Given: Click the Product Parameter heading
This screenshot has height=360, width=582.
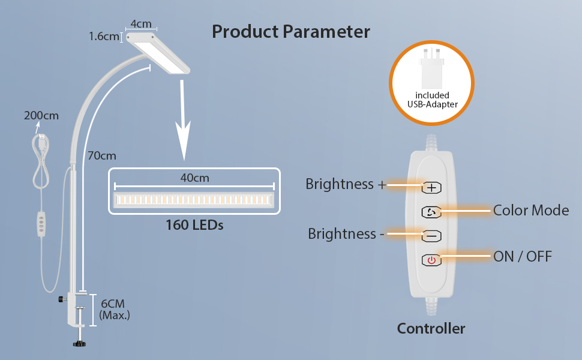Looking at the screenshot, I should pos(291,32).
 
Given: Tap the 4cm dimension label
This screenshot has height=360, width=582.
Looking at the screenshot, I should pos(141,24).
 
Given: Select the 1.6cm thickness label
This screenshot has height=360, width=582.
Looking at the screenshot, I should pos(104,37).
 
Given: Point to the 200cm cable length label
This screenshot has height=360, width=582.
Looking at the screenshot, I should pos(41,116).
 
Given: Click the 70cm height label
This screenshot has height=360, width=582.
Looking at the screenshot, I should pos(101,156).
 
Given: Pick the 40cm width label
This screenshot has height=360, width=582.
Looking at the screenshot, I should pos(195,178).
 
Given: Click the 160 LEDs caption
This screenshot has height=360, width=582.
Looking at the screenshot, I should pos(194,226).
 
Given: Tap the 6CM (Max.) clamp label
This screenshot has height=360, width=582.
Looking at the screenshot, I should pos(115,309).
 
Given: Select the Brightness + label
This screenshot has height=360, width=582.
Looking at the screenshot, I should pos(346,184).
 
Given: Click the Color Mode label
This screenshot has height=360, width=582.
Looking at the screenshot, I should pos(531,211).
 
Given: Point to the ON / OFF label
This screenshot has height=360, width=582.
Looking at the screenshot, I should pos(523,257).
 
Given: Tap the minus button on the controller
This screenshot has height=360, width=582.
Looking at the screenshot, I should pos(431,236).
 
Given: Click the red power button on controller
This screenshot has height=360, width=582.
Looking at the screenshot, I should pos(431,260).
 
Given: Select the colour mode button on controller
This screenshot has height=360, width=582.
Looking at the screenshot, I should pos(431,212).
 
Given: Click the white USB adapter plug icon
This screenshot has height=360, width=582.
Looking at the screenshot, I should pos(431,70).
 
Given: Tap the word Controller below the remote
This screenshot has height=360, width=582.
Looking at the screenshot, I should pos(431,329).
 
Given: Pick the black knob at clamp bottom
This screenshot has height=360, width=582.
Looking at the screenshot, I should pos(77,344).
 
